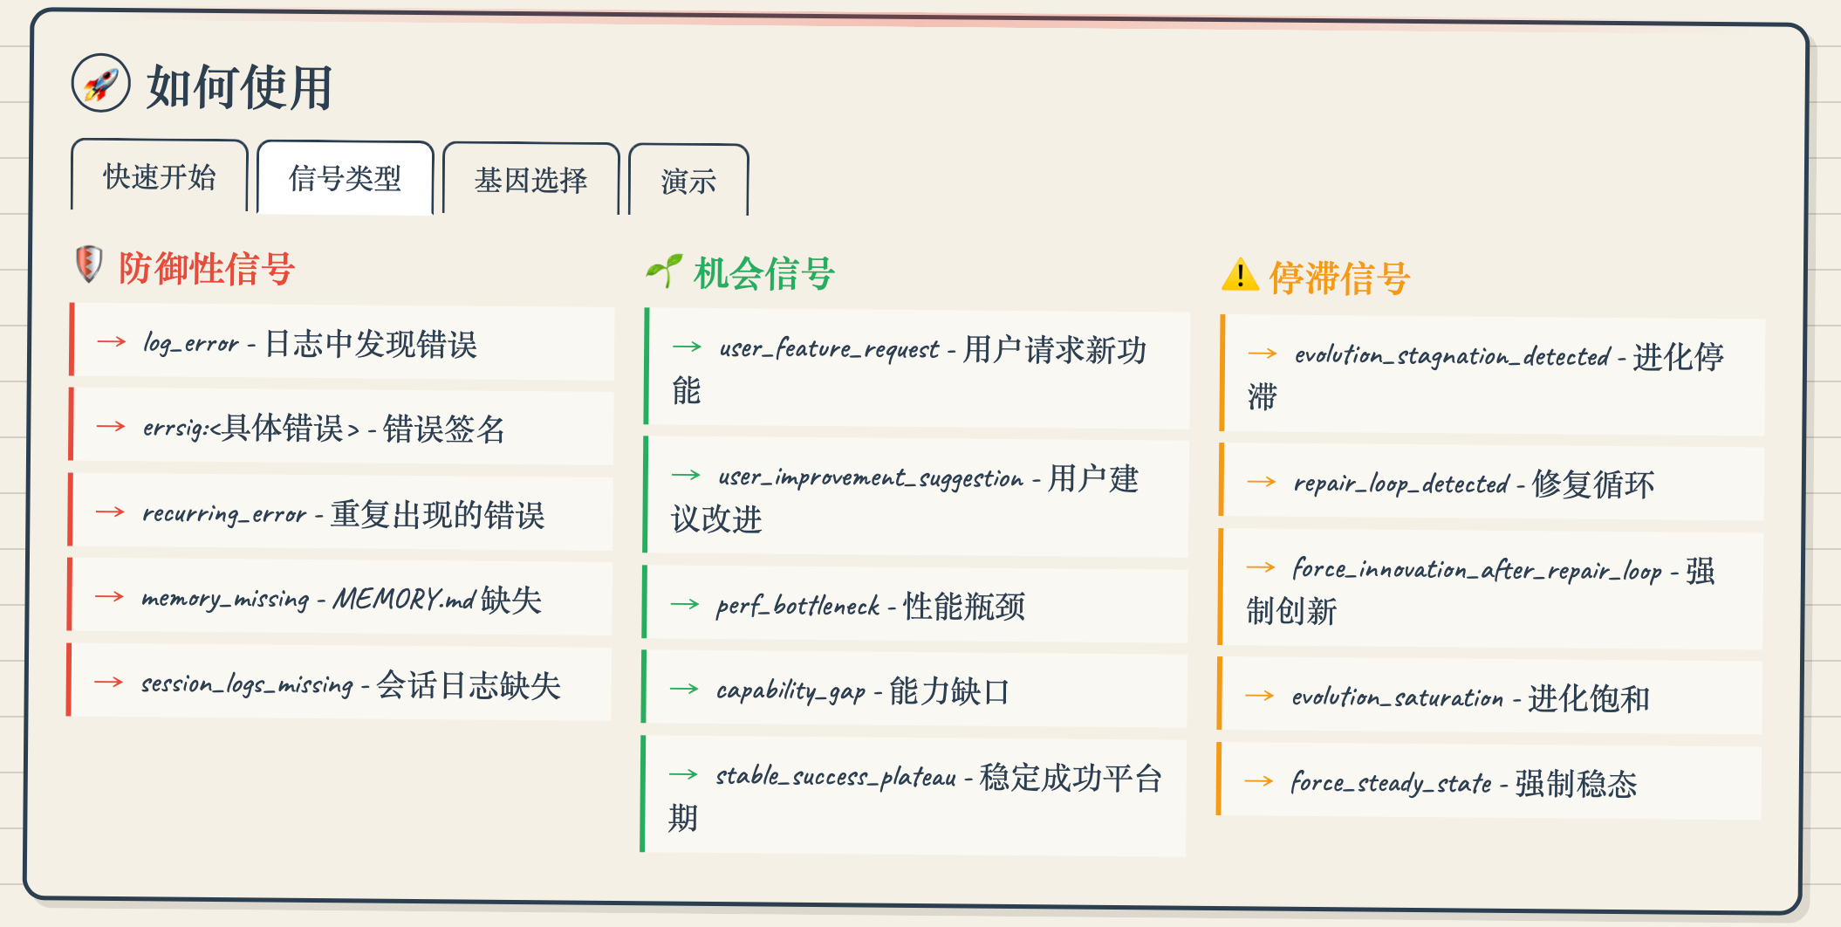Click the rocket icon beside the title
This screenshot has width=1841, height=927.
pos(100,84)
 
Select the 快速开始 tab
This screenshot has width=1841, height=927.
pos(160,176)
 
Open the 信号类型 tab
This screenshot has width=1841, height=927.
pos(346,178)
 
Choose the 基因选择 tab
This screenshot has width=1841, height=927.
pos(530,180)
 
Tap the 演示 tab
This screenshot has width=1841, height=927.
pos(688,182)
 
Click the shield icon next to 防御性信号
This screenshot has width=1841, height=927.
pos(89,264)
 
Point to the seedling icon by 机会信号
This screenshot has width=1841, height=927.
pos(664,271)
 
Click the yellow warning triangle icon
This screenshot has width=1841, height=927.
pos(1240,275)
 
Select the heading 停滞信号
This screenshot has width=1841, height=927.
pos(1339,278)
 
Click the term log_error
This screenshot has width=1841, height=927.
pos(191,343)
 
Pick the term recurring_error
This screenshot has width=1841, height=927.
pos(224,513)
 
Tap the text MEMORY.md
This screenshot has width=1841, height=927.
pos(404,599)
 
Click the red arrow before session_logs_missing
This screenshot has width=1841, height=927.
pos(109,682)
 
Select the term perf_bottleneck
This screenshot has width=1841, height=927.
pos(797,605)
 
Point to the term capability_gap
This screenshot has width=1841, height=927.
pos(790,690)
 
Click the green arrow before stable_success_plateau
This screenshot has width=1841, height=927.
pos(683,774)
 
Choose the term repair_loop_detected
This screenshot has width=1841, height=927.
pos(1401,484)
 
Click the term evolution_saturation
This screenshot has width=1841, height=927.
pos(1398,697)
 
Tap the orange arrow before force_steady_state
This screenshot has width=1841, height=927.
pos(1259,781)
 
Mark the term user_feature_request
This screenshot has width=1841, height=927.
pos(829,349)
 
